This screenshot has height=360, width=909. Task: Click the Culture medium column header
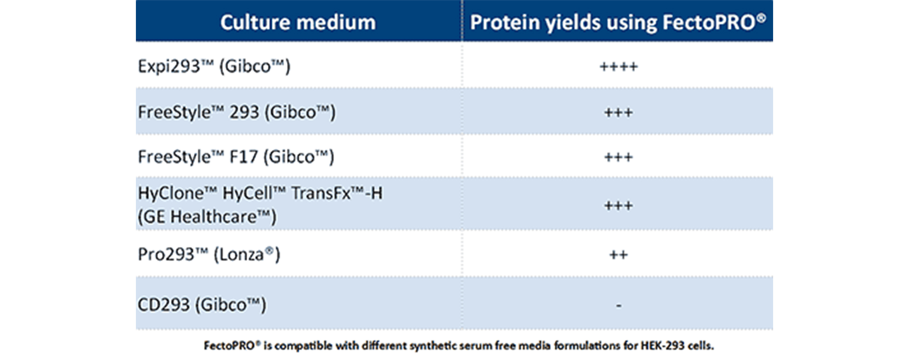(x=298, y=22)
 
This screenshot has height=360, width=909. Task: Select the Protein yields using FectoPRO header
(x=618, y=23)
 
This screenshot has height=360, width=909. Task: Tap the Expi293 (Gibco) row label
(x=214, y=66)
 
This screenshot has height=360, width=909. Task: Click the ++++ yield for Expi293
(x=618, y=66)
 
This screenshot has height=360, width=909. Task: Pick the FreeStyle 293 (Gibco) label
(x=237, y=112)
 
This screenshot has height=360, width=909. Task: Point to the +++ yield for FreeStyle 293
(x=618, y=113)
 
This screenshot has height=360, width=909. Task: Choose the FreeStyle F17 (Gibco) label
(x=236, y=157)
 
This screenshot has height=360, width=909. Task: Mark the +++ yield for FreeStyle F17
(x=618, y=157)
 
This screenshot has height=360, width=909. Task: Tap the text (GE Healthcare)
(x=207, y=217)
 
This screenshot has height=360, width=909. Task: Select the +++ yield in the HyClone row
(x=618, y=206)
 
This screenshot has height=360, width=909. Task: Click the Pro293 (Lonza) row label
(x=209, y=254)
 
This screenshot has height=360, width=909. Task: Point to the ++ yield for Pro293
(x=618, y=255)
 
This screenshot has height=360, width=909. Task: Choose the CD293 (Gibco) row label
(x=202, y=305)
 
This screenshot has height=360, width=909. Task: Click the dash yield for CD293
(x=618, y=306)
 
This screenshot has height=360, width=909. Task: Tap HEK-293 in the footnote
(x=662, y=346)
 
